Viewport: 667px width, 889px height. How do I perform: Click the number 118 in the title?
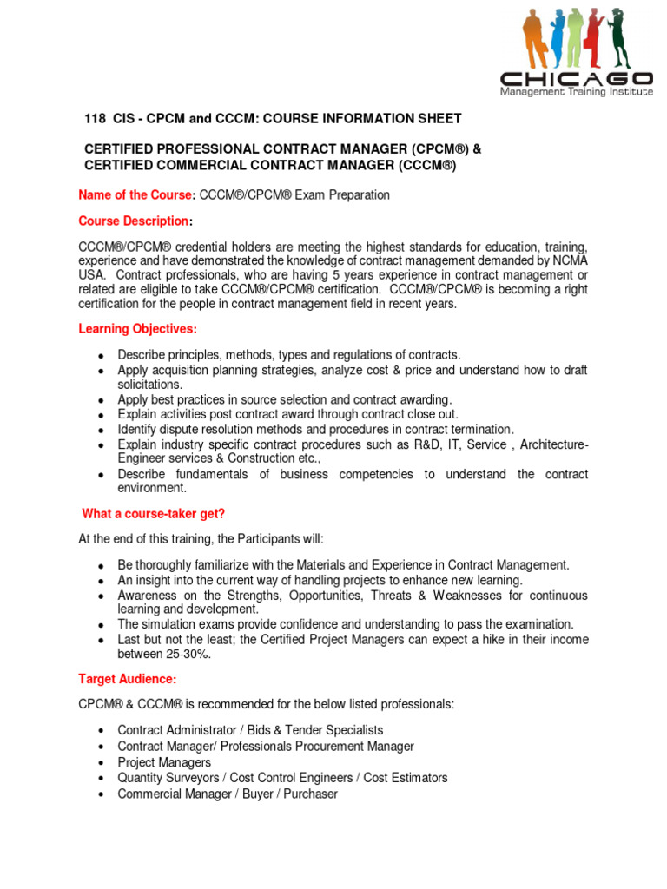pyautogui.click(x=92, y=118)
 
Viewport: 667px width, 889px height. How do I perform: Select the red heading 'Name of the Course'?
pyautogui.click(x=133, y=194)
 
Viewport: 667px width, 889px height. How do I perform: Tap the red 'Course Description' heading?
pyautogui.click(x=134, y=221)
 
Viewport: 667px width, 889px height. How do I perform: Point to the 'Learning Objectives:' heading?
pyautogui.click(x=138, y=329)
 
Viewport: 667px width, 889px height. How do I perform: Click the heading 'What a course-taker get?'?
pyautogui.click(x=154, y=513)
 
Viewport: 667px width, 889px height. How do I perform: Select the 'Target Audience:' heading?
pyautogui.click(x=128, y=678)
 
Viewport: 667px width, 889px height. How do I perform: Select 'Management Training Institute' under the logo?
pyautogui.click(x=576, y=92)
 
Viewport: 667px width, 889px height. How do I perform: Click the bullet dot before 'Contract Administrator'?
pyautogui.click(x=102, y=731)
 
